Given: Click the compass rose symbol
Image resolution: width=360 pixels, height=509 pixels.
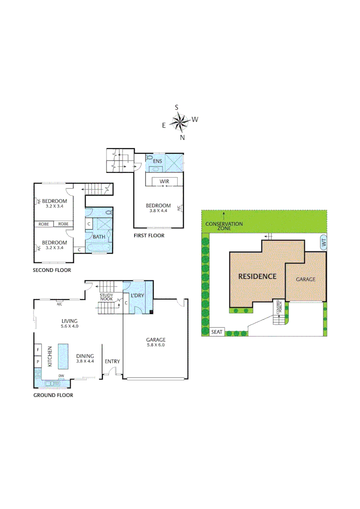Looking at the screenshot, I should pos(180,123).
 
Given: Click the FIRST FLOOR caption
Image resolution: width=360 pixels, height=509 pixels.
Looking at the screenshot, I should pos(148,236).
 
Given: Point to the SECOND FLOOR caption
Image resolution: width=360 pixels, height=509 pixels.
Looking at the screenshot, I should pos(52,271).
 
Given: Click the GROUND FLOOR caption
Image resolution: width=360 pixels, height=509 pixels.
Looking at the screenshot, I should pos(53,395).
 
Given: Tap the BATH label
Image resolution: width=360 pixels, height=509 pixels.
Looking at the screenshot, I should pos(99,237).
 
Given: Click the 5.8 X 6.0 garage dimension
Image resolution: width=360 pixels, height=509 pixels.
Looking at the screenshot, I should pos(155,345).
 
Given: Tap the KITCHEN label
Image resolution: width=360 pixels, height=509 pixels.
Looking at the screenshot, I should pos(49,357).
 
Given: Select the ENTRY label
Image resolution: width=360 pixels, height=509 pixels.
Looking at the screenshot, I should pos(112,361).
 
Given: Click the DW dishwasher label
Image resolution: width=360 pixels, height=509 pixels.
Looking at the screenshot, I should pos(61,376).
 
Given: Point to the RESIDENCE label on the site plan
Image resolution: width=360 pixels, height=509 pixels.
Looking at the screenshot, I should pos(257,276).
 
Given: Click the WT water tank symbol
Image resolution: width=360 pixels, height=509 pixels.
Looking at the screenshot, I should pos(323,242).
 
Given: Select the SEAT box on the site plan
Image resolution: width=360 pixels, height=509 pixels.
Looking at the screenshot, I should pos(216,332).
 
